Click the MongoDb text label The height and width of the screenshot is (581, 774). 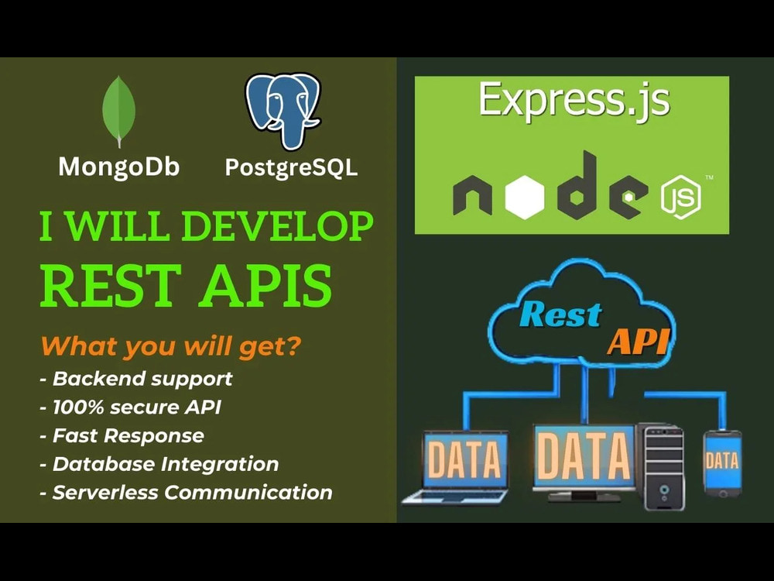pyautogui.click(x=119, y=167)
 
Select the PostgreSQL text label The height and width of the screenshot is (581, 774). pyautogui.click(x=291, y=167)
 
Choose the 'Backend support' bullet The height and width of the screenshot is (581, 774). pyautogui.click(x=136, y=379)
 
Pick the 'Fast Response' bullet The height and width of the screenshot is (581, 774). pyautogui.click(x=122, y=435)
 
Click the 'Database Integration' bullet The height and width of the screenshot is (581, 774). pyautogui.click(x=159, y=464)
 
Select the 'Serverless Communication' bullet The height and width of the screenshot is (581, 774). pyautogui.click(x=186, y=492)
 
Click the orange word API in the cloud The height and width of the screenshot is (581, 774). pyautogui.click(x=637, y=341)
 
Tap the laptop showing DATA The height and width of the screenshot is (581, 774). pyautogui.click(x=461, y=466)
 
